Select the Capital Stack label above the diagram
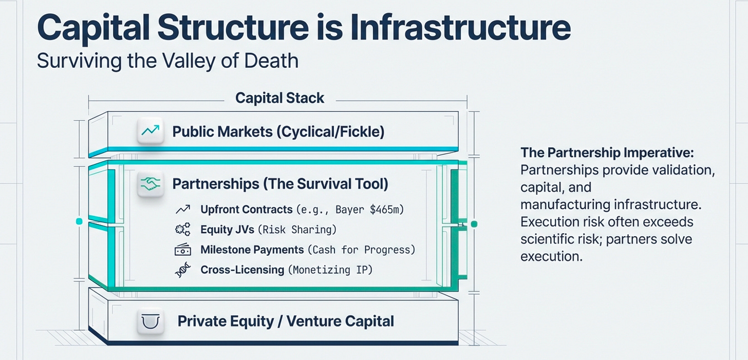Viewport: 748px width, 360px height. point(279,98)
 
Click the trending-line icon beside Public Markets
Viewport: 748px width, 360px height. point(150,131)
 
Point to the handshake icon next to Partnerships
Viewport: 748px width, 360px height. point(150,183)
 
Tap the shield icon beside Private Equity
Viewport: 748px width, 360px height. point(151,321)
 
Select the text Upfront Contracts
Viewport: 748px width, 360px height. point(247,210)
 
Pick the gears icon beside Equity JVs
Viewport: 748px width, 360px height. point(182,230)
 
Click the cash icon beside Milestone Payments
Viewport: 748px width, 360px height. point(183,250)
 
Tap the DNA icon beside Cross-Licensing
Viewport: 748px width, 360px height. point(182,270)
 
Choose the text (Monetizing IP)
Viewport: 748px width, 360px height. point(329,270)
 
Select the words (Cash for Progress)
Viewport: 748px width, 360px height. point(361,250)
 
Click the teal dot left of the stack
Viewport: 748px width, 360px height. point(79,221)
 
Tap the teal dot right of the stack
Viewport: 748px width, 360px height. point(474,224)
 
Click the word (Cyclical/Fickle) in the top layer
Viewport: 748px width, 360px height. point(330,132)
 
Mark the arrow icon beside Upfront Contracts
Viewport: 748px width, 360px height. point(182,210)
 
